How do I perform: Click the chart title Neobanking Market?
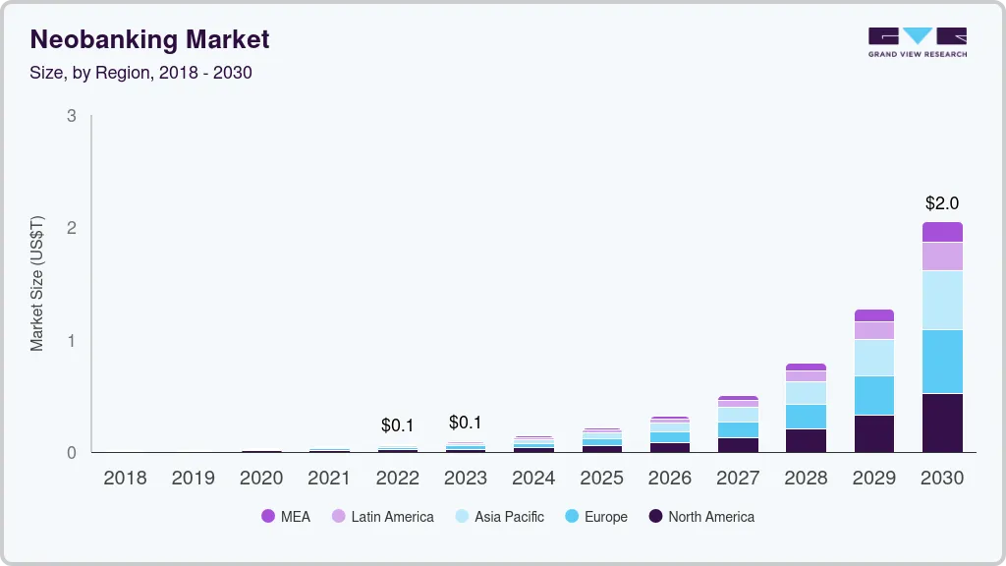(149, 39)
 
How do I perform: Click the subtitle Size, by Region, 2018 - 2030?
(140, 73)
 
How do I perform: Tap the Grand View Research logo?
(917, 41)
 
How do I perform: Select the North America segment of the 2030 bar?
(942, 423)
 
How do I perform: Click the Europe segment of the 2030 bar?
(942, 362)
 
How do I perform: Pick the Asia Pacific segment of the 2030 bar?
(942, 300)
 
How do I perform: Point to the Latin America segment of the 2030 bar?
(942, 255)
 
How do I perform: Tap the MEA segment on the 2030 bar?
(942, 232)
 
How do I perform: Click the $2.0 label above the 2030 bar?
(942, 203)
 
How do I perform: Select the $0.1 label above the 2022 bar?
(398, 425)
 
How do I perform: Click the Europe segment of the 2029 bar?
(874, 395)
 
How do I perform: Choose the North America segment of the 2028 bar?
(806, 440)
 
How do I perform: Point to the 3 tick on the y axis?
(71, 116)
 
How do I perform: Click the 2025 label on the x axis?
(601, 478)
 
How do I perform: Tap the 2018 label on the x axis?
(125, 478)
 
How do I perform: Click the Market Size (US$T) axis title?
(37, 283)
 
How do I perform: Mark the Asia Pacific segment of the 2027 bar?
(738, 415)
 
